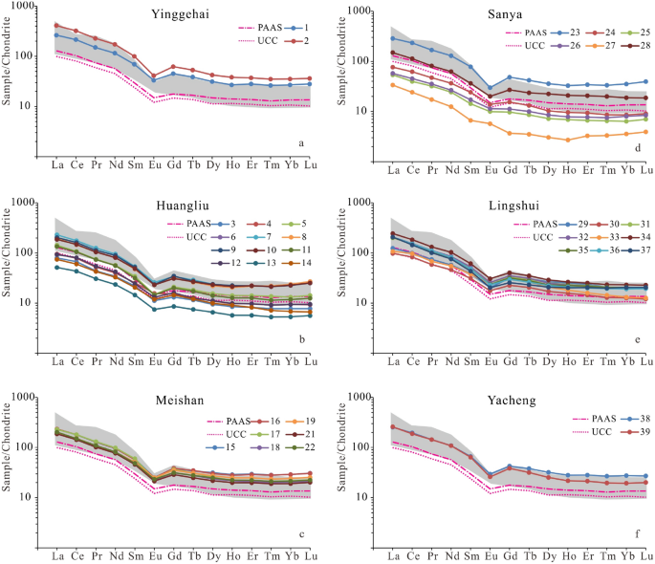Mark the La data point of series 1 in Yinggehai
(x=57, y=35)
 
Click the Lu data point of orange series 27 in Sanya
(x=646, y=132)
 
